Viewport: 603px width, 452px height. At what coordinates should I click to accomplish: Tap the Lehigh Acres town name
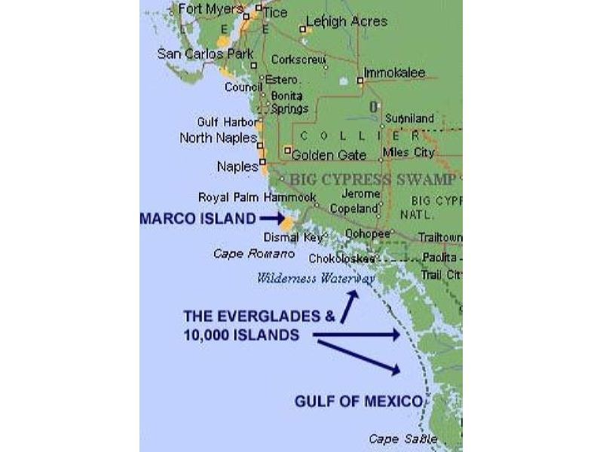click(347, 21)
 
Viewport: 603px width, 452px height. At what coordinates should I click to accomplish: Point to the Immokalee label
click(394, 73)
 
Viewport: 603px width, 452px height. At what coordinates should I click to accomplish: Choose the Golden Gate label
click(329, 155)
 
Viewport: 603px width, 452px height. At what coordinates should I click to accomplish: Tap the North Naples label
click(218, 138)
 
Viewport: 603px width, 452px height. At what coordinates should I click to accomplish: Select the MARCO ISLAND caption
click(197, 218)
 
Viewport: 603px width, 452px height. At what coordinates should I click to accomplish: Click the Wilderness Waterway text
click(316, 277)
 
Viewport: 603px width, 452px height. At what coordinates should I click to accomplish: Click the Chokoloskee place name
click(341, 258)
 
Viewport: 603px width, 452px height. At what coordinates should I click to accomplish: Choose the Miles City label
click(409, 153)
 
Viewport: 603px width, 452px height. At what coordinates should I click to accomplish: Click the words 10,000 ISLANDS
click(240, 335)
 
